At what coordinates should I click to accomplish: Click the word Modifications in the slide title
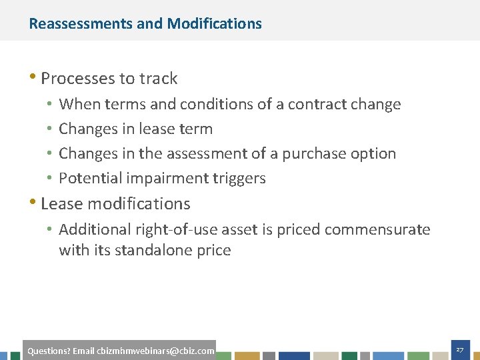[215, 24]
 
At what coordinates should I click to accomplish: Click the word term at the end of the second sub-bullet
[198, 129]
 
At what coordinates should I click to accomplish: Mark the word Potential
[87, 178]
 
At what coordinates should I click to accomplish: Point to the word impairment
[159, 179]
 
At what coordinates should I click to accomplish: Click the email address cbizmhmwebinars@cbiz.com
[155, 351]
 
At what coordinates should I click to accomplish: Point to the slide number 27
[459, 350]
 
